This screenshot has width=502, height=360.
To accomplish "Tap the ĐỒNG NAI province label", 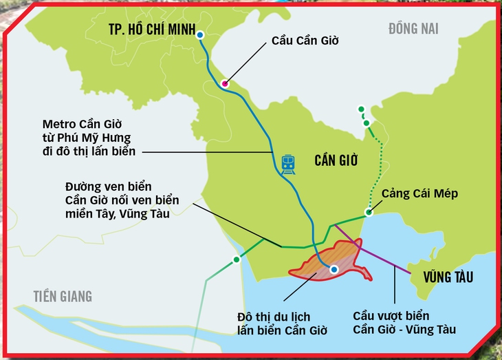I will tap(413, 28).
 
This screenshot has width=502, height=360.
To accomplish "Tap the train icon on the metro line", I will tap(288, 163).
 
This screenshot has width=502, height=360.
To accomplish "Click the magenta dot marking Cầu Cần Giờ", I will tap(224, 83).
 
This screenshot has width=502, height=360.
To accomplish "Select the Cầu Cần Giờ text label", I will tap(305, 41).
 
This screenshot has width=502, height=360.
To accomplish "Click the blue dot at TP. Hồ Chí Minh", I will tap(199, 34).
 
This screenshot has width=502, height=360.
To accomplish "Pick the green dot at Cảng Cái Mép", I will tap(369, 213).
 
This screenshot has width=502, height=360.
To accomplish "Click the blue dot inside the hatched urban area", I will tap(334, 269).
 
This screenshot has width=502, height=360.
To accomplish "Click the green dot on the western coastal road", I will tap(237, 260).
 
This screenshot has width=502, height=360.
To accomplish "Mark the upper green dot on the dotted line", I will tap(360, 109).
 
